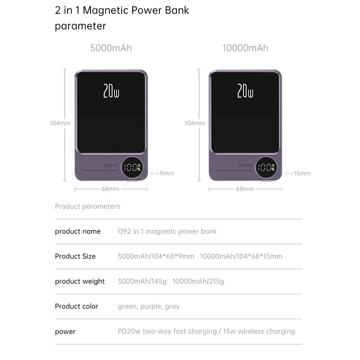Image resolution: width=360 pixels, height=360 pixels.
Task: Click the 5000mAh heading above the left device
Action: (111, 48)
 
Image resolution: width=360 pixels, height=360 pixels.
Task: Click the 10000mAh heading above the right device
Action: (245, 48)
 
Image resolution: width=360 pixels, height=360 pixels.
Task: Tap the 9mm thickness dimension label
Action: (166, 173)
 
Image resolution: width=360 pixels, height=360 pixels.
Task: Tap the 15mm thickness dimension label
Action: (302, 173)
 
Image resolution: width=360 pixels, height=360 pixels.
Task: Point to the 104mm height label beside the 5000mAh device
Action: (60, 123)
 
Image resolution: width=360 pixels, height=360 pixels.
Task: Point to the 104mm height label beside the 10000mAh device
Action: (194, 123)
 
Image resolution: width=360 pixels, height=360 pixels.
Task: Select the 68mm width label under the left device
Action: (110, 189)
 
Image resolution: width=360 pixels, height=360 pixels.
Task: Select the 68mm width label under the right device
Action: (245, 189)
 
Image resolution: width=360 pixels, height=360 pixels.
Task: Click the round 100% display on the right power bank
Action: (267, 168)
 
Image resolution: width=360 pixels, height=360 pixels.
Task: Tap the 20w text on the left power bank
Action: (111, 91)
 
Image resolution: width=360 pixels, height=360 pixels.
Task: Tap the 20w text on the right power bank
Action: (245, 91)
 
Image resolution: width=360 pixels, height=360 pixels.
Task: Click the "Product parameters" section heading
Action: (87, 207)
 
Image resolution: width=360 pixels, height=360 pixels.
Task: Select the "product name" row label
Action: (78, 231)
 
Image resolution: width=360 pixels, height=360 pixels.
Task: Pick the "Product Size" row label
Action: (75, 256)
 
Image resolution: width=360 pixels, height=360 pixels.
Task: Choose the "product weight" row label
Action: (80, 281)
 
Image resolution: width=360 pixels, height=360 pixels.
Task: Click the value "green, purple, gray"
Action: (148, 306)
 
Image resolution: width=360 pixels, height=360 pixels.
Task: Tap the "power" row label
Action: (65, 332)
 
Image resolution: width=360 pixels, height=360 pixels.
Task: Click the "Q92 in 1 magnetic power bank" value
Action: (167, 231)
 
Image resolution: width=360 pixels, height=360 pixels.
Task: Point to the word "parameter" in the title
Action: (81, 26)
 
